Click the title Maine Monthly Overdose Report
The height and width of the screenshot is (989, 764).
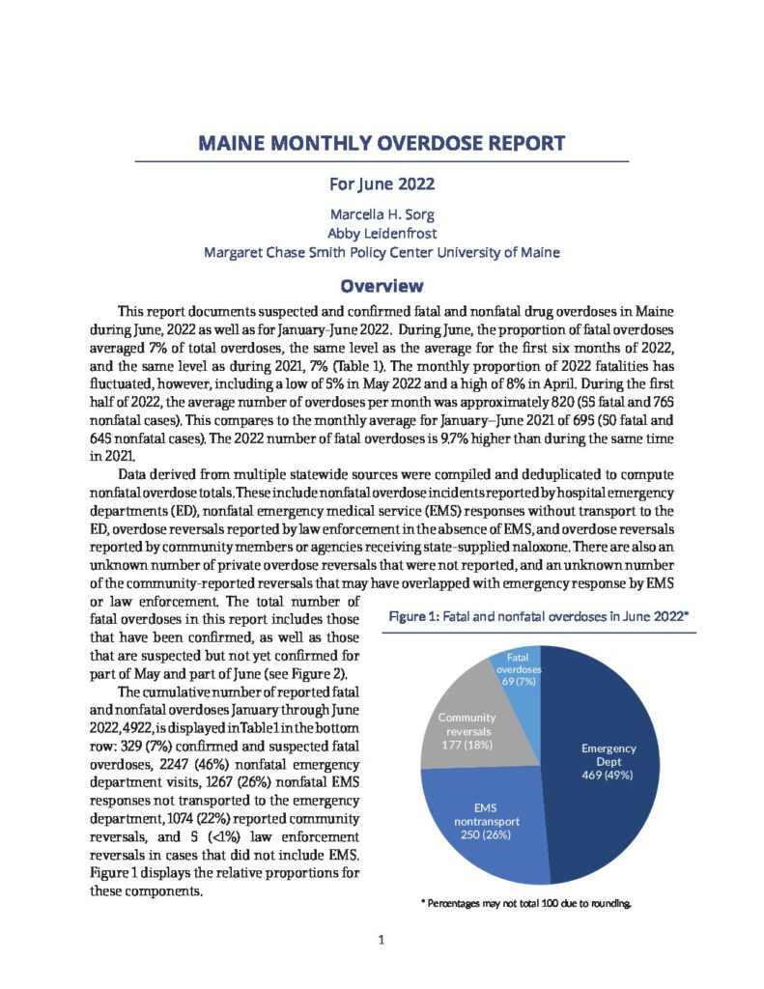point(382,145)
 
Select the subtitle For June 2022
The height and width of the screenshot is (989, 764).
point(382,183)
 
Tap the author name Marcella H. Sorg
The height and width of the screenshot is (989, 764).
point(382,214)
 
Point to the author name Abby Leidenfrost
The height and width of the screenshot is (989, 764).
point(382,234)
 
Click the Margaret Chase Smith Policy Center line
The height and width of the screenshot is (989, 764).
point(382,253)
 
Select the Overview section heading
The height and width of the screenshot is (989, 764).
point(382,286)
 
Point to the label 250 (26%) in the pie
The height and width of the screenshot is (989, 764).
point(483,834)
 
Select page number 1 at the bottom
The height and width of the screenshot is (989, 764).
point(382,940)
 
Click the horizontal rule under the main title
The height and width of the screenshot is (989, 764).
point(382,161)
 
